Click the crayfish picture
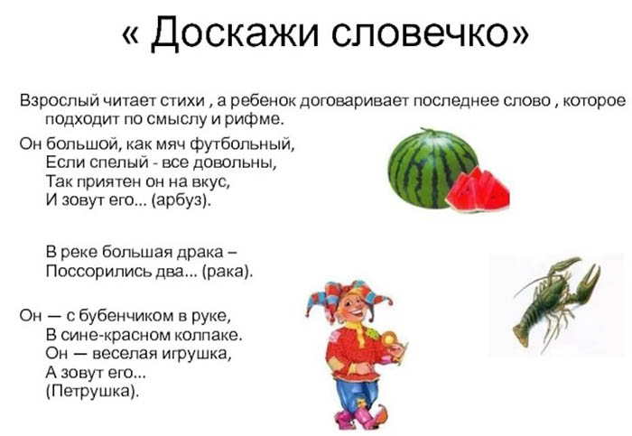(553, 301)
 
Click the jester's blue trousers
(354, 388)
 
